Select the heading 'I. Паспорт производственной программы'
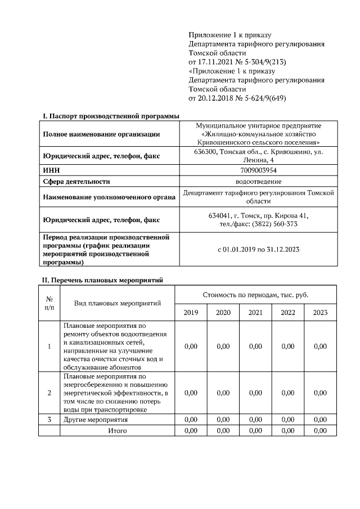coord(111,116)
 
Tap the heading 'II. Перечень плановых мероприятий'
coord(103,280)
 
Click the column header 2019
coord(191,313)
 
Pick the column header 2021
coord(255,313)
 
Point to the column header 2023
coord(320,313)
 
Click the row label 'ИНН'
coord(51,170)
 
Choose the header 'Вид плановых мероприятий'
coord(118,303)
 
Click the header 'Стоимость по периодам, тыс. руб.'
coord(255,295)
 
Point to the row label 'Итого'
coord(118,430)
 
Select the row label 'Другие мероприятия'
coord(96,420)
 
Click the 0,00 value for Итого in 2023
coord(320,430)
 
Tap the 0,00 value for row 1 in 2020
coord(223,346)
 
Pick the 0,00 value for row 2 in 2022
coord(287,393)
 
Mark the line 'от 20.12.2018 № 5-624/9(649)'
coord(237,98)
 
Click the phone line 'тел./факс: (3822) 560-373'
coord(258,224)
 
